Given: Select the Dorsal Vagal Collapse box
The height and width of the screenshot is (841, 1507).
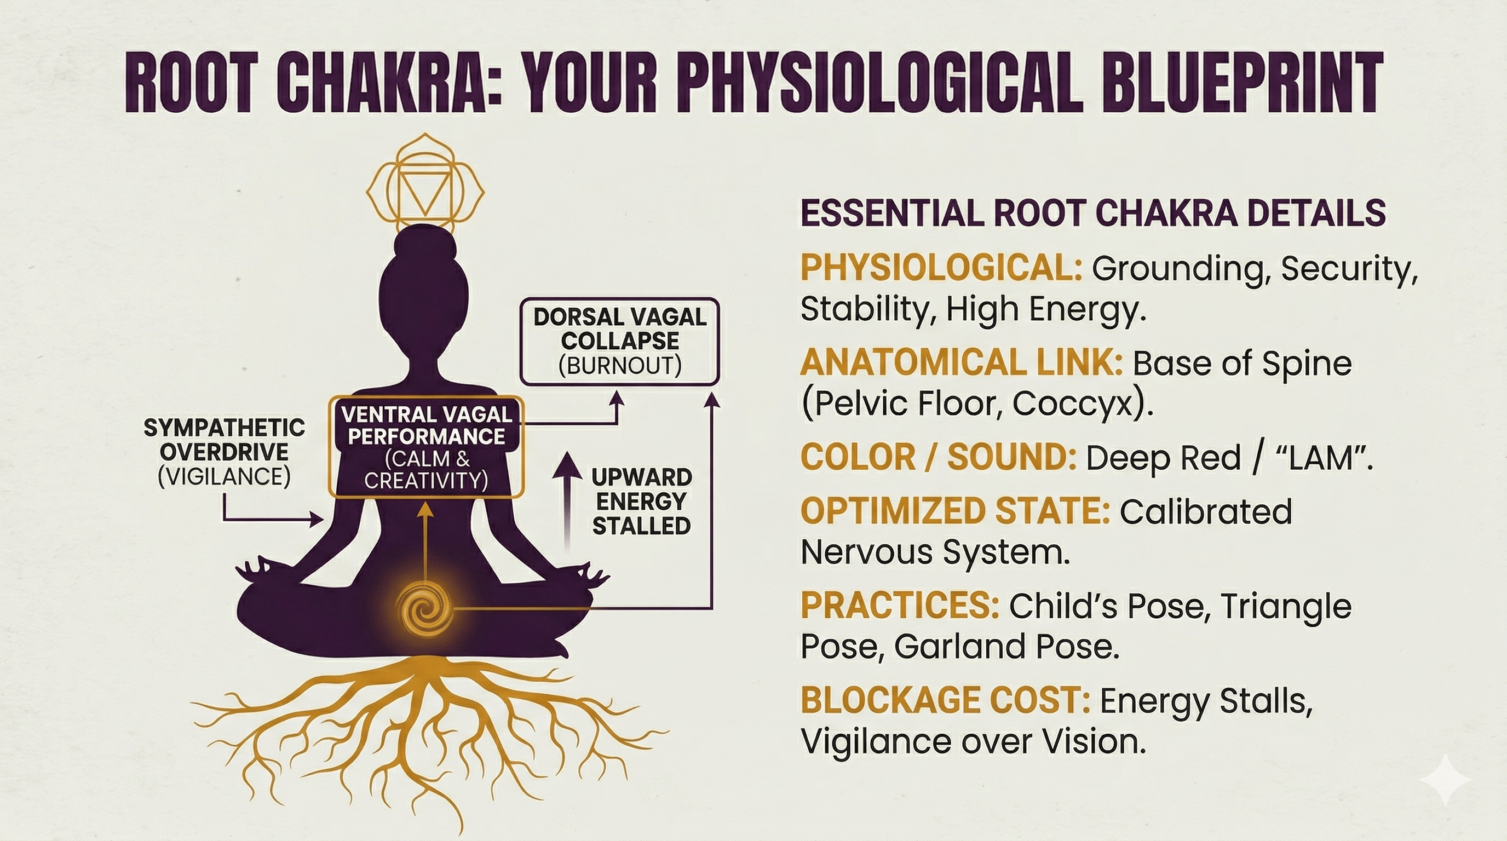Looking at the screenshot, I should click(x=619, y=342).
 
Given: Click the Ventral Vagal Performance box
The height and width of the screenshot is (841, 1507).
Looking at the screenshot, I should click(x=426, y=447).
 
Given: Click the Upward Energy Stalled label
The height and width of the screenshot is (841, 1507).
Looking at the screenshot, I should click(x=642, y=501).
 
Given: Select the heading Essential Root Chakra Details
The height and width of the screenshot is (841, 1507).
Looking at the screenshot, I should click(x=1092, y=213).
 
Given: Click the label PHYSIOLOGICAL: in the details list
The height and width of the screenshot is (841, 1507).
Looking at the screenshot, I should click(x=941, y=268).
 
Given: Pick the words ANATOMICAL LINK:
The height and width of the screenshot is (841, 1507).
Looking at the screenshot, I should click(x=961, y=362).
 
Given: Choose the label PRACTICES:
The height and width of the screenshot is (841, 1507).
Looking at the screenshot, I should click(x=899, y=606).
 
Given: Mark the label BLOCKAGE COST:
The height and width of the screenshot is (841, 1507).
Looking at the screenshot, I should click(x=945, y=700).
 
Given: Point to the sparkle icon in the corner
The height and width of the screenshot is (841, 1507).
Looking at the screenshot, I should click(x=1445, y=780).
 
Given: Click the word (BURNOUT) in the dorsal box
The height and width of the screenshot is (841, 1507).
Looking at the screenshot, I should click(x=619, y=366).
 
